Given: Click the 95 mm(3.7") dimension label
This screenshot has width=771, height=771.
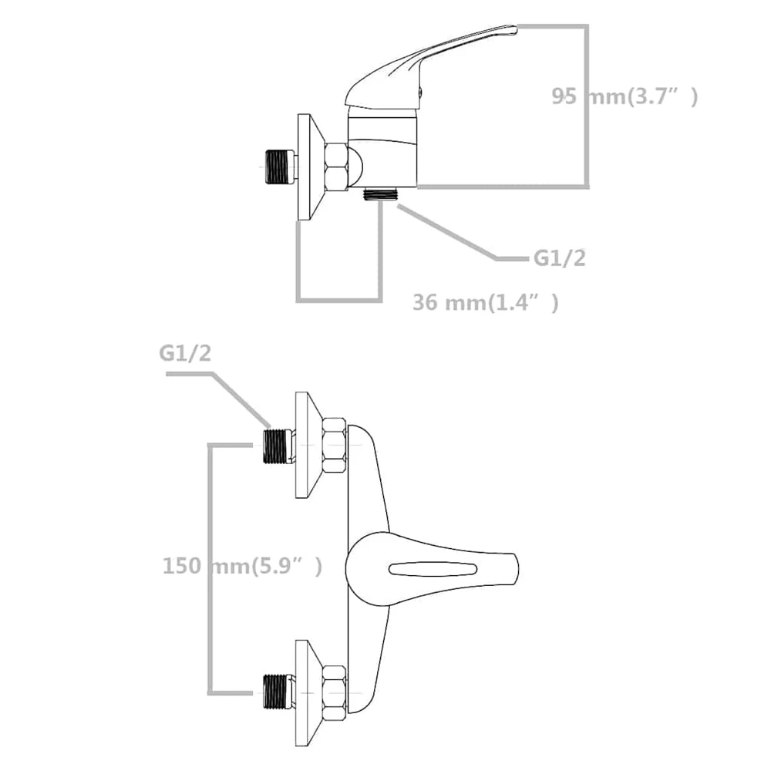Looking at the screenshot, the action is (625, 96).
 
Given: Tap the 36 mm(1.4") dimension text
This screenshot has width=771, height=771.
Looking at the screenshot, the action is (486, 302).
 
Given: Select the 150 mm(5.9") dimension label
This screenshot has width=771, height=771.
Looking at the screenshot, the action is (242, 566).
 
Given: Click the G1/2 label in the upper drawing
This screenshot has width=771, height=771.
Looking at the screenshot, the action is (560, 258).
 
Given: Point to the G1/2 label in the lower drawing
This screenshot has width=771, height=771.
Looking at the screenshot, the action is (185, 353).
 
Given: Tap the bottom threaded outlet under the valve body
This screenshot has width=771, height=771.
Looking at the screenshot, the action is (381, 194).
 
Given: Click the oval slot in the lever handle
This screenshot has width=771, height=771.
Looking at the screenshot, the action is (433, 570).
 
